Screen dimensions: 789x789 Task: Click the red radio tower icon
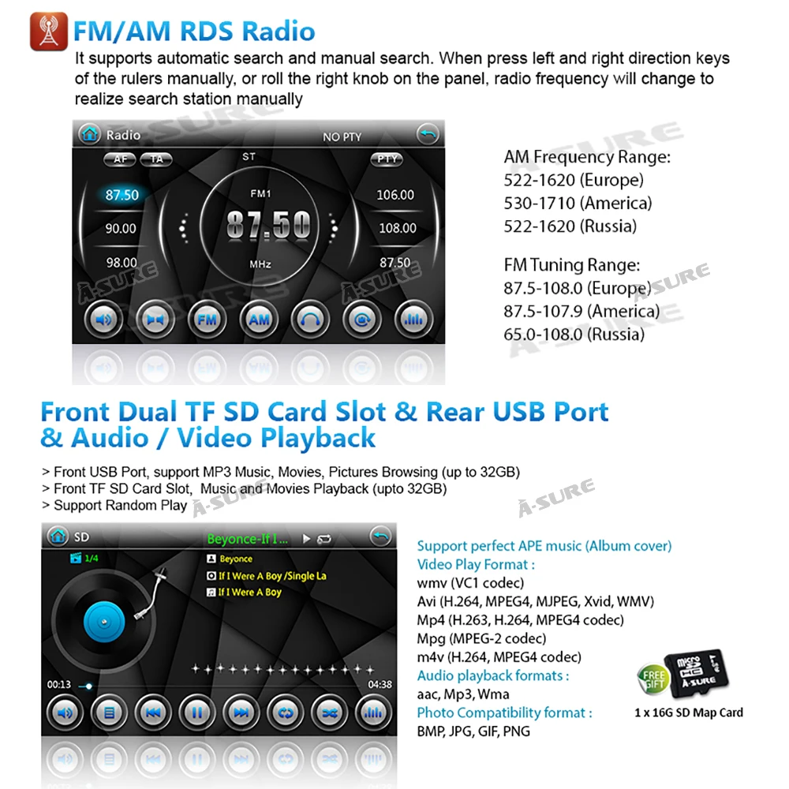[x=49, y=32]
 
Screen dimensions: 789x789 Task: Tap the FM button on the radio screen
[x=207, y=320]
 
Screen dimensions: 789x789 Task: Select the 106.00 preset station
[x=395, y=195]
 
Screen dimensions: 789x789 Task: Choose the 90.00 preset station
[x=121, y=229]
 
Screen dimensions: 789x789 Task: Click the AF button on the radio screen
[x=120, y=159]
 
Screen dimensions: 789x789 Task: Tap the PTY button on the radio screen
[x=387, y=159]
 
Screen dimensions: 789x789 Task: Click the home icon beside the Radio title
[x=90, y=134]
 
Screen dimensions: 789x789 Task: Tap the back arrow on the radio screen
[x=428, y=134]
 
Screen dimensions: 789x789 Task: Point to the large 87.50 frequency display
[x=269, y=224]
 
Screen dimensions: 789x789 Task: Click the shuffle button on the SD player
[x=330, y=712]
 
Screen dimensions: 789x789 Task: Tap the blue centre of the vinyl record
[x=104, y=622]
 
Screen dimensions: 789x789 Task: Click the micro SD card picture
[x=696, y=671]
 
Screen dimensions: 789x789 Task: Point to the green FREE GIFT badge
[x=653, y=679]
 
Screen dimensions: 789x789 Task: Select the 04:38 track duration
[x=380, y=684]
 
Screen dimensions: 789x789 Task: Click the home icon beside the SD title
[x=58, y=537]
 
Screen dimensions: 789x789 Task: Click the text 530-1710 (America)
[x=578, y=204]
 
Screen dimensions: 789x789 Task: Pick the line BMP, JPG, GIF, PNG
[x=473, y=731]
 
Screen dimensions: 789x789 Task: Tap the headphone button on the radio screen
[x=310, y=320]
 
